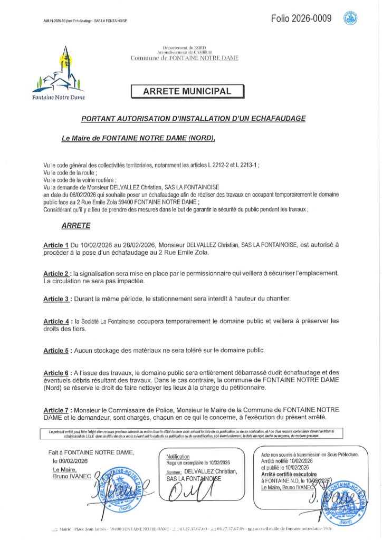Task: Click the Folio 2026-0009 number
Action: [x=301, y=19]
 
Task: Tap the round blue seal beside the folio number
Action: [x=350, y=19]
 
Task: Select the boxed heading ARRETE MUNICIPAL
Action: [x=187, y=91]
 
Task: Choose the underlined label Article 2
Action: [x=56, y=274]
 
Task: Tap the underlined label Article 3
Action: [x=56, y=299]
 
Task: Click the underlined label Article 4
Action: [x=56, y=321]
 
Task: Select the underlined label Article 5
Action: [x=56, y=350]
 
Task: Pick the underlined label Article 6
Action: [x=56, y=373]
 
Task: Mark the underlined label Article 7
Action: [x=56, y=410]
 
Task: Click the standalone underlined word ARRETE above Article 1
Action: [x=76, y=225]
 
